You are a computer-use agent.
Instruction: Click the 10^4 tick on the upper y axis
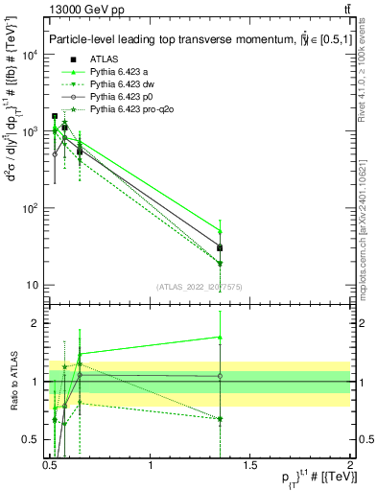click(32, 55)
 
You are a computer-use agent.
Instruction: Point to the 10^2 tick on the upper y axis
click(32, 208)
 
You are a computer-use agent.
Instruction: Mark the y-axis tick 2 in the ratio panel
click(36, 323)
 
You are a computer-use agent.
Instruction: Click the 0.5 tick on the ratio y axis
click(32, 440)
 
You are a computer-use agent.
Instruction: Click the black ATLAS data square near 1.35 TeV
click(221, 248)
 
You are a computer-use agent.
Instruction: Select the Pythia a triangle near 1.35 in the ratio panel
click(221, 338)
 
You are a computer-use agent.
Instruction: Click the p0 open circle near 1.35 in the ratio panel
click(221, 376)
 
